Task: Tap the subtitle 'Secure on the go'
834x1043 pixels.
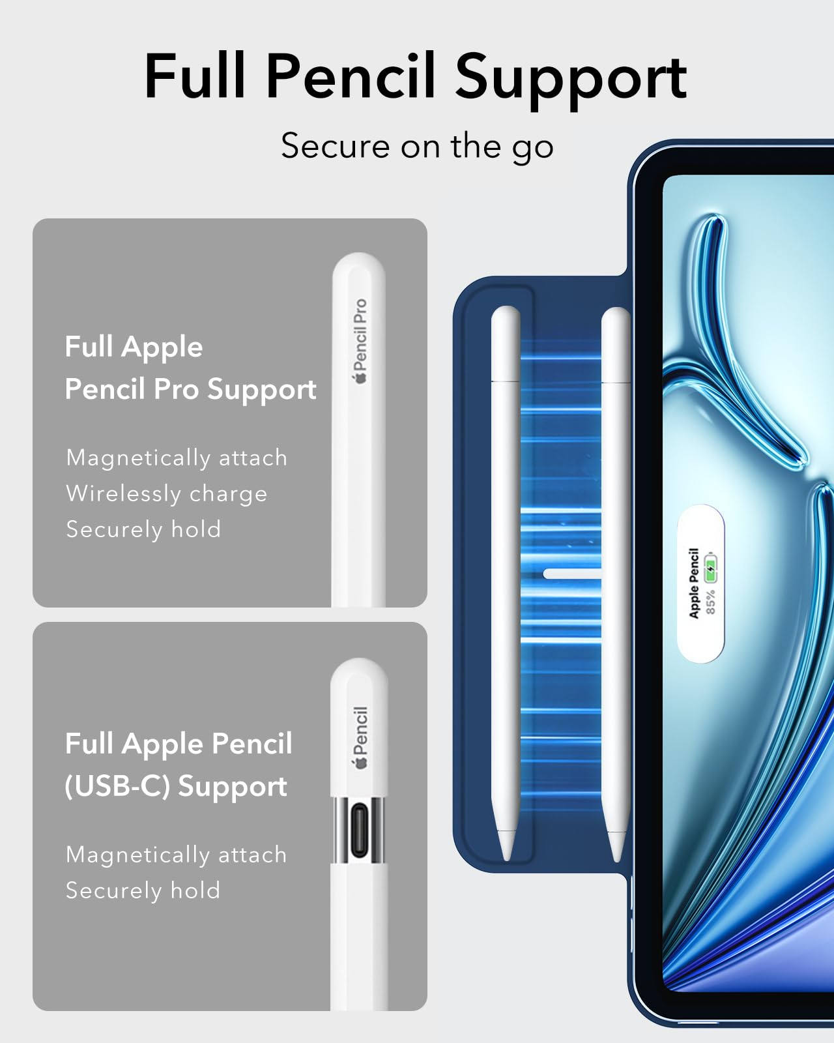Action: (417, 146)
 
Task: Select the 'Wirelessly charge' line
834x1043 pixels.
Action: (167, 493)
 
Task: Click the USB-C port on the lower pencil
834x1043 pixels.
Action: (359, 830)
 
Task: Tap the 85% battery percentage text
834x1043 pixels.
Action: (710, 602)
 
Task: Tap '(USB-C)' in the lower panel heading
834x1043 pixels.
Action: (118, 786)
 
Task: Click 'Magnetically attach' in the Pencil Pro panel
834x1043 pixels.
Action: (177, 458)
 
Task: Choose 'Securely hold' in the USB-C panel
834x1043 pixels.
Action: (143, 890)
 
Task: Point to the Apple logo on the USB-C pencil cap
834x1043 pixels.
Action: (360, 763)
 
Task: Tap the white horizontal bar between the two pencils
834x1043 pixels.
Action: (572, 574)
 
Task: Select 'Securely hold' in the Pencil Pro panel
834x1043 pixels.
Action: (143, 529)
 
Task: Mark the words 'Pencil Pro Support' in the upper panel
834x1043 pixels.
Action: (190, 389)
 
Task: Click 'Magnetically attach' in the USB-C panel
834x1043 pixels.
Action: (177, 855)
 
